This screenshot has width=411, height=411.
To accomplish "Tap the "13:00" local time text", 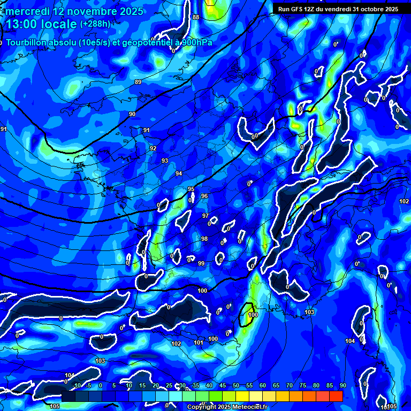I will click(22, 24).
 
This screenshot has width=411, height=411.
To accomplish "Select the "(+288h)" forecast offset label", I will click(95, 24).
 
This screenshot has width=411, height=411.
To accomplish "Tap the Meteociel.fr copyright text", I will click(227, 407).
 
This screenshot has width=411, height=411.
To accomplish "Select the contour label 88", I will click(196, 18).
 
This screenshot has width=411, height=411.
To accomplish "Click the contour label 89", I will click(138, 82).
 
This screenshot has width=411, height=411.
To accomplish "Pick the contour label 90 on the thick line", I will click(132, 114).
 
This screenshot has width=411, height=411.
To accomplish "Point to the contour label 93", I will click(165, 161).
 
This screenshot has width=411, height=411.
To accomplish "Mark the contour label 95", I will click(191, 189).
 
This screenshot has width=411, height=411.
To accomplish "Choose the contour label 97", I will click(205, 216).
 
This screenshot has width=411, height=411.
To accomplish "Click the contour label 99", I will click(201, 263).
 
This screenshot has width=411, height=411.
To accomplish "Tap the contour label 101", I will click(199, 342).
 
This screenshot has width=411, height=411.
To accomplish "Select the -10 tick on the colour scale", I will click(76, 385).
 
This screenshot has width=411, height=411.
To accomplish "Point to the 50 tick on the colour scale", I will click(236, 385).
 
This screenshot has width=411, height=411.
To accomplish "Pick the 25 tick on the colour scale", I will click(169, 385).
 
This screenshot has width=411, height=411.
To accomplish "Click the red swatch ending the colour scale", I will click(336, 395).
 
